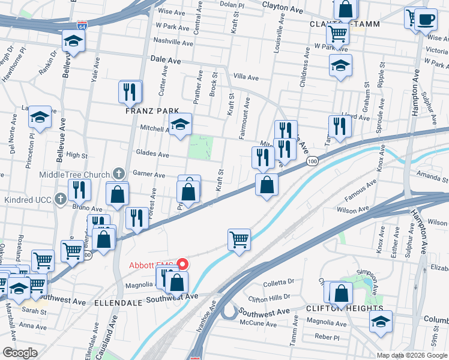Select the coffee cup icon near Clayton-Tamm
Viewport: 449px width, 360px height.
click(426, 19)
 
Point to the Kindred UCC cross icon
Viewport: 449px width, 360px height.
click(60, 199)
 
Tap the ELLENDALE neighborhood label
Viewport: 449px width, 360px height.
click(118, 303)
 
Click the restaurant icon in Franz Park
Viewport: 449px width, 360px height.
click(130, 92)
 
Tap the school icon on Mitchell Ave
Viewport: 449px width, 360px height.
click(180, 124)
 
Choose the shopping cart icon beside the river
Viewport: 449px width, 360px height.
click(239, 239)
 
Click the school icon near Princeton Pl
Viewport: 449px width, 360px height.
click(40, 117)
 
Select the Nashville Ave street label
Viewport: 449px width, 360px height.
click(173, 43)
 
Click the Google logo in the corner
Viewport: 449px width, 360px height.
click(20, 352)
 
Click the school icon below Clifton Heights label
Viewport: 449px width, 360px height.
click(381, 322)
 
